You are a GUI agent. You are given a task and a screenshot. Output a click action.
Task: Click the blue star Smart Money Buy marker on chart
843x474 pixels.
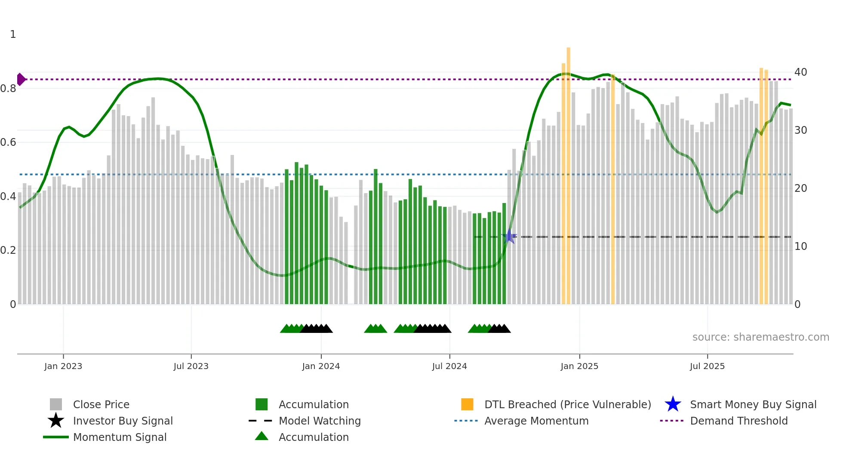[510, 236]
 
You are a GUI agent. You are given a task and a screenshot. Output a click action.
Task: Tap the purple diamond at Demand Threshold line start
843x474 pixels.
[21, 79]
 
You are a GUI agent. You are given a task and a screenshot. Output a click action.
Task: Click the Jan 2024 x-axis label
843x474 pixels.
[321, 366]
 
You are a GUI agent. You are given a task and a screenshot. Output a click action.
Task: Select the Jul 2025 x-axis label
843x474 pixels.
[707, 366]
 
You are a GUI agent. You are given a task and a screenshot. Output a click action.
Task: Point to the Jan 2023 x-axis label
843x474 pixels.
[63, 366]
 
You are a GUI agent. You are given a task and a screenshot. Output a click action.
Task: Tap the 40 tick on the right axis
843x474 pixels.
[800, 72]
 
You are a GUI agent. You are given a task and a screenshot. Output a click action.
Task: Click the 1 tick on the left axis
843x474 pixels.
[13, 34]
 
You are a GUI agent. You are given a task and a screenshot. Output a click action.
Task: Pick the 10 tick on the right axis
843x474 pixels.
[800, 246]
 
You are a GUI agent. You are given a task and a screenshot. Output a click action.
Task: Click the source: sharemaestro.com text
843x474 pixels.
[760, 337]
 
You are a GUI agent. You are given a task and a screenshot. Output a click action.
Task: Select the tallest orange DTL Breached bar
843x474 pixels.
[568, 172]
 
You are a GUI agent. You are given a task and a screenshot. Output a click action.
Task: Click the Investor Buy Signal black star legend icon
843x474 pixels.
[56, 421]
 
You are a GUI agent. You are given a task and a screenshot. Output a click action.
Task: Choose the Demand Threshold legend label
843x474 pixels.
[738, 421]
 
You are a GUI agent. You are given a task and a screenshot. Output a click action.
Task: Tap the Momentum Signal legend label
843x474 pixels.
[120, 437]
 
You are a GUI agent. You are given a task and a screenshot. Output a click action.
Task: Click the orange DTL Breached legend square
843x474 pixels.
[467, 404]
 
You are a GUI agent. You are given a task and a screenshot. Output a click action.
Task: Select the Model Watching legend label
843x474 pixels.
[320, 421]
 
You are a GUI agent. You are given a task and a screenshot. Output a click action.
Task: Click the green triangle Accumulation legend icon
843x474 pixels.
[262, 436]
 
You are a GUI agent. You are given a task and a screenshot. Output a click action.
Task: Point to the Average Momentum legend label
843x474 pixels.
[536, 421]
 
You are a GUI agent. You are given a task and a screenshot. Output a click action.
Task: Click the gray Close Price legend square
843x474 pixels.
[56, 404]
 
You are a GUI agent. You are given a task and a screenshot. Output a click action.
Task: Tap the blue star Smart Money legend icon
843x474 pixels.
[673, 404]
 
